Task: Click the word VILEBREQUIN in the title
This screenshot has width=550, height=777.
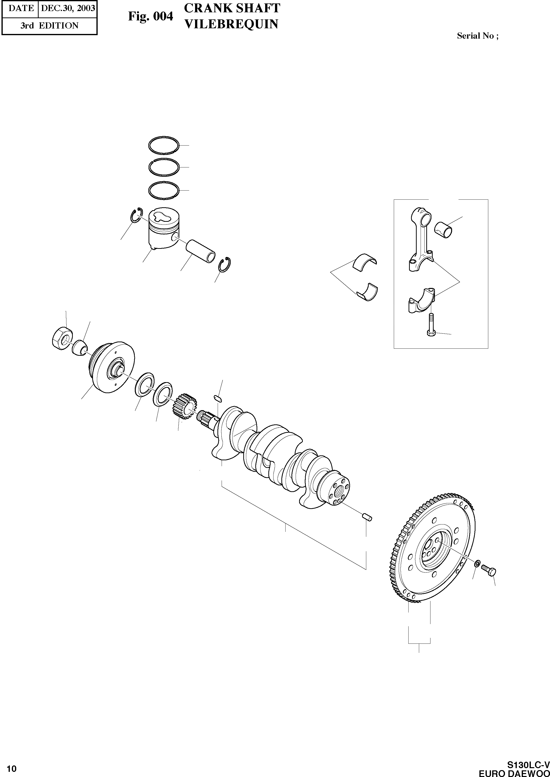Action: (231, 24)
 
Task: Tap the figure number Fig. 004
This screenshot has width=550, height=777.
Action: (150, 16)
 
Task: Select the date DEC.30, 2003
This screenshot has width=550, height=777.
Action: (68, 8)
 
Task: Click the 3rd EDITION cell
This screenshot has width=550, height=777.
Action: (49, 26)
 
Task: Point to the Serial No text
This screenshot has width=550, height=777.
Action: (477, 36)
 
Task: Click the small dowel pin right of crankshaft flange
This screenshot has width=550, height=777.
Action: (367, 518)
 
